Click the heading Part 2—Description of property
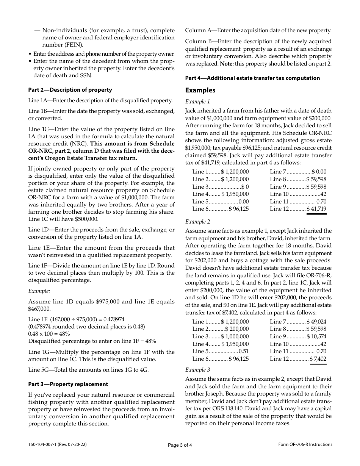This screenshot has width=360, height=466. (70, 90)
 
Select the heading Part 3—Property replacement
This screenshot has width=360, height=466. (68, 384)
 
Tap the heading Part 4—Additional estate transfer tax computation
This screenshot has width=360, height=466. (252, 78)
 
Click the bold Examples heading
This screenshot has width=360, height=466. (200, 90)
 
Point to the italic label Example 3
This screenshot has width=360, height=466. (197, 369)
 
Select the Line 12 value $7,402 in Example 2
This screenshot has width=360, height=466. (318, 358)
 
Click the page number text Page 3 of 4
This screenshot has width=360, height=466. (180, 445)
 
